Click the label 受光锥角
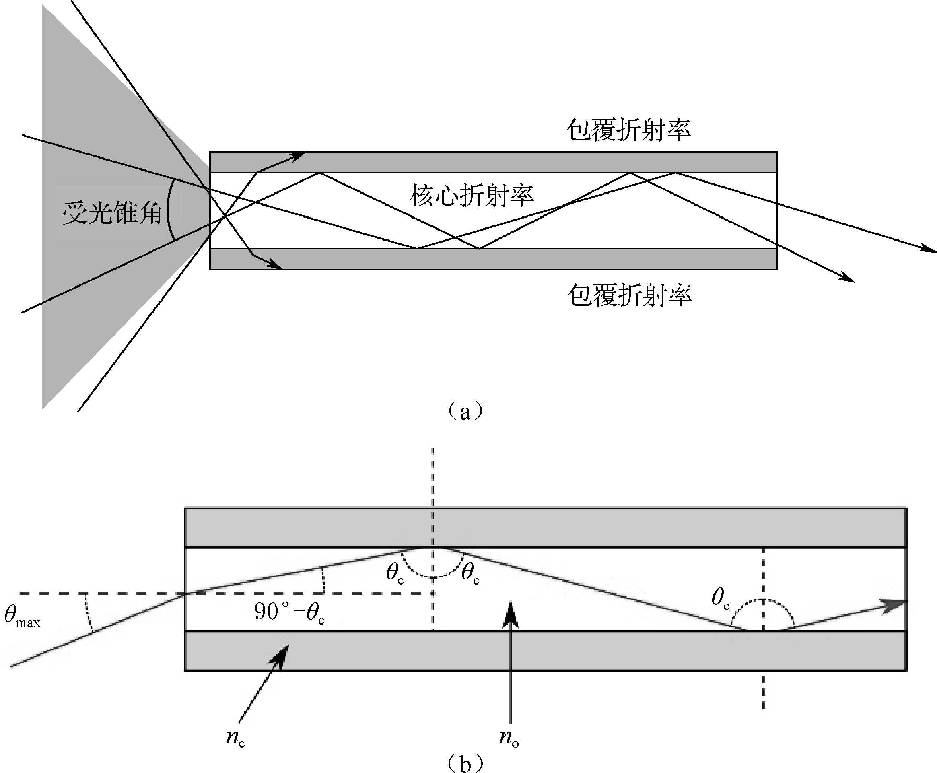(x=112, y=213)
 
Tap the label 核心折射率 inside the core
(x=472, y=196)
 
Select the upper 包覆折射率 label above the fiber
(x=628, y=130)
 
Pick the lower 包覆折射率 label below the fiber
(x=629, y=295)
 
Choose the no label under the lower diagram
(x=509, y=736)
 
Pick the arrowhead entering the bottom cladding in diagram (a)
(x=276, y=266)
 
